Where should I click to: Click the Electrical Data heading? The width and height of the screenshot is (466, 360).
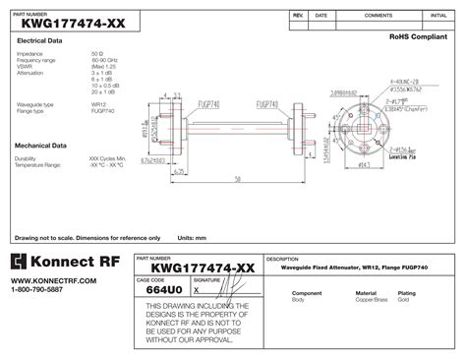[x=40, y=40]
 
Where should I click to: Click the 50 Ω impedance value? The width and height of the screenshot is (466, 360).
[x=96, y=52]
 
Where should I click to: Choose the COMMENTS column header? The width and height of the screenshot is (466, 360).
[x=379, y=17]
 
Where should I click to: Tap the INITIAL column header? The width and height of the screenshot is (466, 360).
[x=438, y=17]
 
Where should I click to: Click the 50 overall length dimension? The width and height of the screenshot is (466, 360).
[x=238, y=180]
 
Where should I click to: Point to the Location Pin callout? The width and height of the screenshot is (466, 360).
[x=404, y=156]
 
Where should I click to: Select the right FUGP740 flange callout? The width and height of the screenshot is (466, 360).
[x=268, y=101]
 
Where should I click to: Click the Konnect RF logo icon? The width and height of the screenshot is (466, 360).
[x=20, y=262]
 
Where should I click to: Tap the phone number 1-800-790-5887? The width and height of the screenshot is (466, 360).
[x=36, y=290]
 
